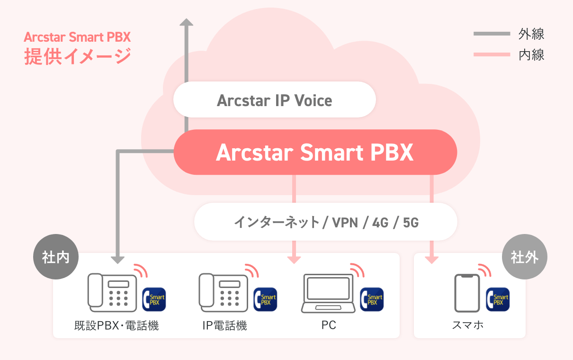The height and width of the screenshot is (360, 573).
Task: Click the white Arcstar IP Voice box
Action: click(x=275, y=99)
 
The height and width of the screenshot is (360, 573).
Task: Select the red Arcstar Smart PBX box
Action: click(x=315, y=152)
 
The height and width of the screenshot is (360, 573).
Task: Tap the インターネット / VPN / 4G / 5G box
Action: click(x=326, y=222)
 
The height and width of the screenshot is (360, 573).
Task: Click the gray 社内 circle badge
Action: click(x=56, y=257)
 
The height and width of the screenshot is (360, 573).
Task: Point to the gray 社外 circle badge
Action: click(x=525, y=257)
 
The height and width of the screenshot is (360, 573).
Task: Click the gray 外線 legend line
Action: click(x=492, y=34)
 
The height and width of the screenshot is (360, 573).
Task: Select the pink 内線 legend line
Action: click(x=492, y=54)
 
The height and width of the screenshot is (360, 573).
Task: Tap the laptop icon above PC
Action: click(x=328, y=293)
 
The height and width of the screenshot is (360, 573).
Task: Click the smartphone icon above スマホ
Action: click(x=467, y=293)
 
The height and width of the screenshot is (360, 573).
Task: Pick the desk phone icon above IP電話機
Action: click(x=223, y=293)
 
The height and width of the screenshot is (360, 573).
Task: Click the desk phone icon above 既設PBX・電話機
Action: click(x=112, y=293)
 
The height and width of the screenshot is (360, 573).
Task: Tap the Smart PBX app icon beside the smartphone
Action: click(x=498, y=299)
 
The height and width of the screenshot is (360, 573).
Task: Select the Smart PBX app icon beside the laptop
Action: click(x=372, y=299)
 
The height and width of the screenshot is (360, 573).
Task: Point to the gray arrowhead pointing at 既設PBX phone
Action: click(x=117, y=260)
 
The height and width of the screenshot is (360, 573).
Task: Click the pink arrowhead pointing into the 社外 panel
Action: click(x=432, y=260)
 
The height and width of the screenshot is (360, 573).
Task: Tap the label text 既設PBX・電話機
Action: click(x=116, y=325)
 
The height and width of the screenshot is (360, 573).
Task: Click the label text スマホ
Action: click(x=467, y=325)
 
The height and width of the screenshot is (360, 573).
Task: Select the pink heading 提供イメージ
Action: click(x=78, y=56)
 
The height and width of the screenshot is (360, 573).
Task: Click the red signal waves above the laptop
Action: click(x=358, y=270)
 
